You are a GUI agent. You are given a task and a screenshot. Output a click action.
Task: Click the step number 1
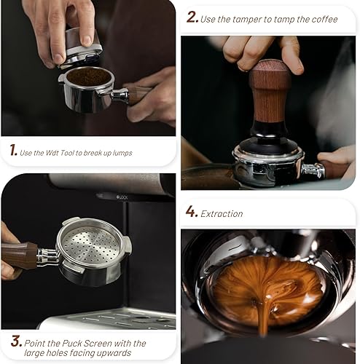[13, 151]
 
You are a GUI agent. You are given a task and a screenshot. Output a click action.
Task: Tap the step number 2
[192, 17]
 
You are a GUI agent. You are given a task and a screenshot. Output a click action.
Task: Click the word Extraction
[222, 213]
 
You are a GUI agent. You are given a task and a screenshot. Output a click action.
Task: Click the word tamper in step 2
[251, 19]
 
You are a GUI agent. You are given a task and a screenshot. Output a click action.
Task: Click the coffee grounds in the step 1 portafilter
[86, 76]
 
